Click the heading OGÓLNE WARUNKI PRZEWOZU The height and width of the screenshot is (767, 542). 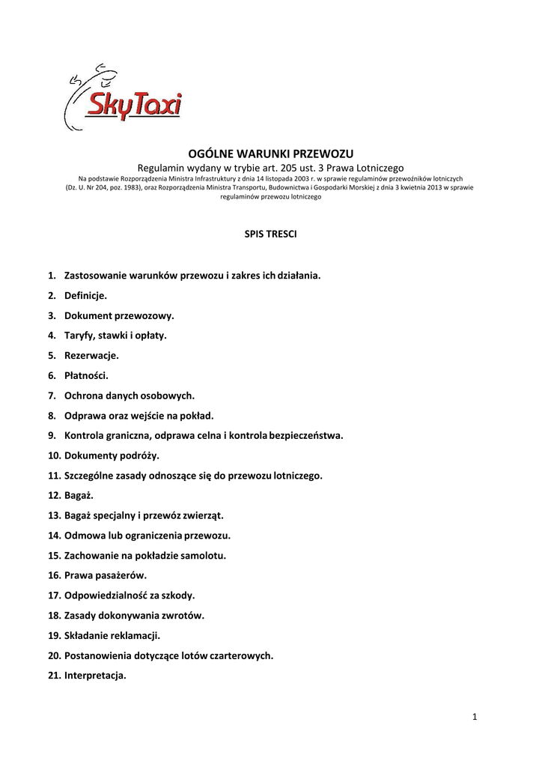click(270, 154)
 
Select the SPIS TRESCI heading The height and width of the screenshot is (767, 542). click(270, 234)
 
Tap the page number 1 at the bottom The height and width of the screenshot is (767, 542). click(475, 718)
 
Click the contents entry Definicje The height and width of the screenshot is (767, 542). click(85, 296)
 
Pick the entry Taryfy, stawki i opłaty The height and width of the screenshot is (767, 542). click(115, 336)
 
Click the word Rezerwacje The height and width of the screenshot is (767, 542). click(91, 355)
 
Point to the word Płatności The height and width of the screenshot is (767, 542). click(86, 375)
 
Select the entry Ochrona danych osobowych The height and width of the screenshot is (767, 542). click(130, 395)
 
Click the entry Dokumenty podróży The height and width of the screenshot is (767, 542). click(112, 455)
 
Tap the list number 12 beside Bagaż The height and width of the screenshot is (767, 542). click(53, 495)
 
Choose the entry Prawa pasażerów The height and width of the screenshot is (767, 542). click(106, 575)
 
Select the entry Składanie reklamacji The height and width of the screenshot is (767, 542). click(112, 635)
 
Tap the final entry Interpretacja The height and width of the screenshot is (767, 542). click(95, 676)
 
